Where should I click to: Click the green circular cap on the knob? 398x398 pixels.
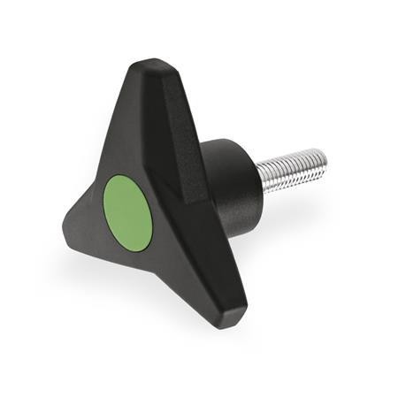click(128, 211)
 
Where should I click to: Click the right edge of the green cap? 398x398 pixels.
click(152, 212)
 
